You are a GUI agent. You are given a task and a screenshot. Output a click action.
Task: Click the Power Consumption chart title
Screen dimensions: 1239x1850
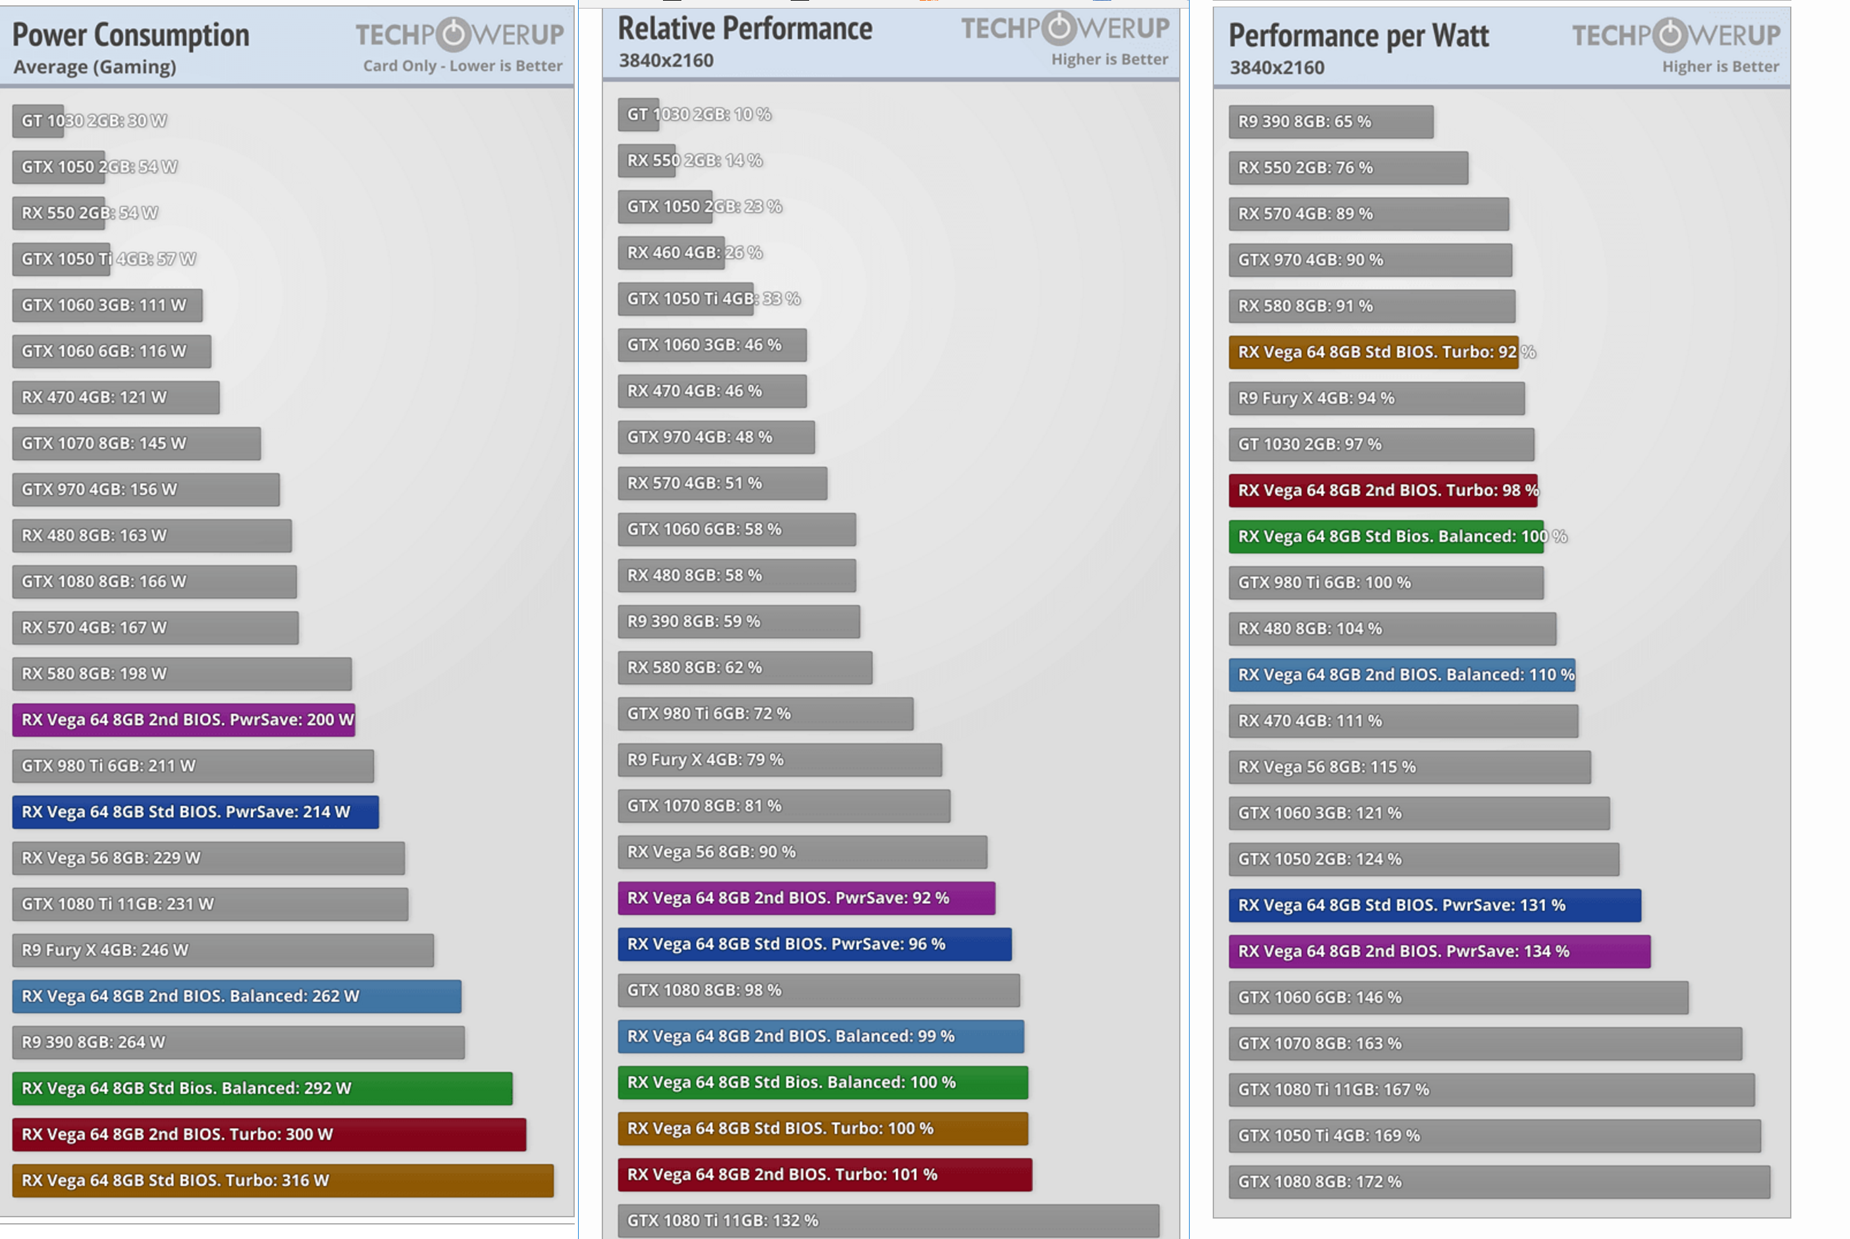point(130,36)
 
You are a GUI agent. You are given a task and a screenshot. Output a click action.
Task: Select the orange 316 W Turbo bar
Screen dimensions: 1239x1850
point(282,1180)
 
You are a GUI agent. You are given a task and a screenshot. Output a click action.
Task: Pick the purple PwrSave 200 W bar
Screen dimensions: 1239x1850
point(183,720)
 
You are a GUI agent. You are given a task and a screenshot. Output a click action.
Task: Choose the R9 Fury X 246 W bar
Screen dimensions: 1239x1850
point(222,950)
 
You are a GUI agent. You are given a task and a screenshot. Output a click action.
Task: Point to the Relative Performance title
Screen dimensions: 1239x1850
point(745,29)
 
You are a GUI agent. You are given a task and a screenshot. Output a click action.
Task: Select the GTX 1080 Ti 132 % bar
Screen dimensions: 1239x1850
point(887,1221)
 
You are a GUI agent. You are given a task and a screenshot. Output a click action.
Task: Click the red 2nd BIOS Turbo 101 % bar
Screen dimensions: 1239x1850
point(824,1175)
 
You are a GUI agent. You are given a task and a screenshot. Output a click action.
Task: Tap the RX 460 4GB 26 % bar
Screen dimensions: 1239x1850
point(671,253)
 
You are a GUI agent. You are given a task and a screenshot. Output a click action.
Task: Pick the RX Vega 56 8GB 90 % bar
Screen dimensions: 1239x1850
point(801,852)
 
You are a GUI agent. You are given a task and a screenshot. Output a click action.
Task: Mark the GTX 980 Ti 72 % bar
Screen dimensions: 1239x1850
point(765,714)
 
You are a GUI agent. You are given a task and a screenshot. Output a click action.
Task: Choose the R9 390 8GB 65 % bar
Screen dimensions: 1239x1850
point(1330,122)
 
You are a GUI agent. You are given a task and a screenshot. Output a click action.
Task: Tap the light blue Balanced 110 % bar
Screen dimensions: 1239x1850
point(1401,675)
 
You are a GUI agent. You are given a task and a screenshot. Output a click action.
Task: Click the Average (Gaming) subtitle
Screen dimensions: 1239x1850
point(95,67)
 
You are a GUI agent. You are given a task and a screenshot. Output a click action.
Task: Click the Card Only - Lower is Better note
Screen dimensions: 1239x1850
point(462,66)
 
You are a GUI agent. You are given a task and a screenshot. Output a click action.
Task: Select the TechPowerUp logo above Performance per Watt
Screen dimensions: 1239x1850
point(1676,35)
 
